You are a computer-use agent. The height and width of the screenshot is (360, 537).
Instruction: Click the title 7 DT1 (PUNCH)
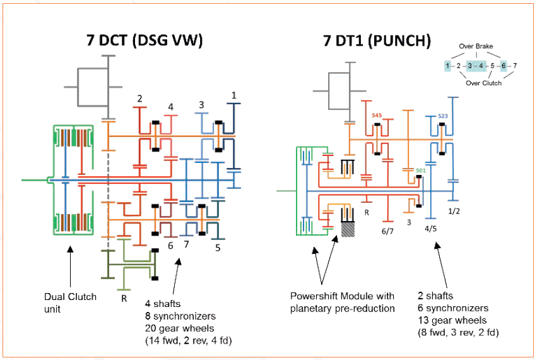[377, 41]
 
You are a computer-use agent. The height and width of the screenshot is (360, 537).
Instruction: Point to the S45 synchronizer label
[377, 115]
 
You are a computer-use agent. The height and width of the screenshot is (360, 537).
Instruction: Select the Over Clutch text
[483, 83]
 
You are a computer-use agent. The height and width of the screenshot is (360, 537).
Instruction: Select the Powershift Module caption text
[342, 302]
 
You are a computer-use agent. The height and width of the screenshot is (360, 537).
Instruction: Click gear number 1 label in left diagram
[234, 95]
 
